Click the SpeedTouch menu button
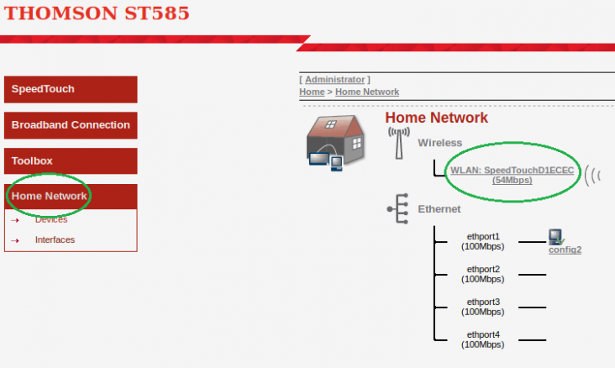(x=71, y=89)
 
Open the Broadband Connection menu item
(x=71, y=125)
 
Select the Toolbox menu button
(x=71, y=160)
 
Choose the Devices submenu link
(x=51, y=219)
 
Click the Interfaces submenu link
(x=55, y=239)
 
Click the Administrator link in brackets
(x=335, y=80)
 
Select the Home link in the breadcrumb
(x=312, y=92)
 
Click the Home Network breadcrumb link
(x=367, y=92)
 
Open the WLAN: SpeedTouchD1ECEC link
(x=512, y=175)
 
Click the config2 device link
(x=565, y=250)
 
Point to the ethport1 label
(x=483, y=241)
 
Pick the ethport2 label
(x=483, y=274)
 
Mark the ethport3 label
(x=483, y=307)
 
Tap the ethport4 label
(x=483, y=339)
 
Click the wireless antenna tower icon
(x=399, y=143)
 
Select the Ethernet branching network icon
(x=397, y=208)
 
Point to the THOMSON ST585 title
(x=97, y=13)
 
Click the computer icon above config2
(x=556, y=237)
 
